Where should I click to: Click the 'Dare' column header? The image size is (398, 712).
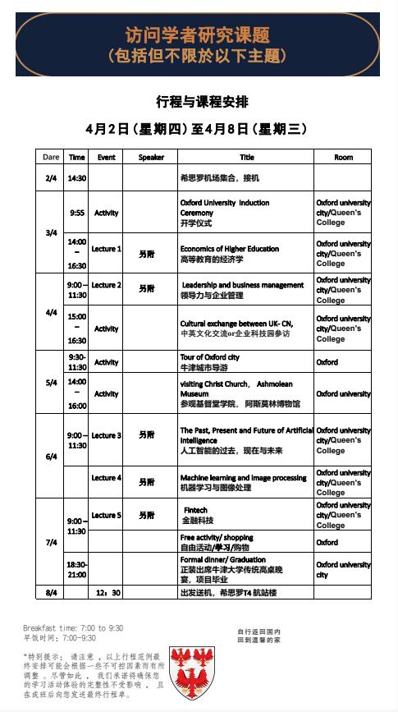[51, 157]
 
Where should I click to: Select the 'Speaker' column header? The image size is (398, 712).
[151, 157]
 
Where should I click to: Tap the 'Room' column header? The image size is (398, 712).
[343, 157]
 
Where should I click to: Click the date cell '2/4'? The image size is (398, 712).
[51, 177]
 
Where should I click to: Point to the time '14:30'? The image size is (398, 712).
[77, 177]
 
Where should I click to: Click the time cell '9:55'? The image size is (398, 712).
[77, 213]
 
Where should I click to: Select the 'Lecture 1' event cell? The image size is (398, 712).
[106, 249]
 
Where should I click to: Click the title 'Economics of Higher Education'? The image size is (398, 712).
[230, 249]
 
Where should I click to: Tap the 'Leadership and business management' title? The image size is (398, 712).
[244, 285]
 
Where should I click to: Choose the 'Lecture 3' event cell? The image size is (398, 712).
[106, 435]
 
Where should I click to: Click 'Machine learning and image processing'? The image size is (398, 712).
[243, 478]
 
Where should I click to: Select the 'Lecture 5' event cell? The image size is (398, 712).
[106, 515]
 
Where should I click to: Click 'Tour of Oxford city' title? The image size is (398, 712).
[210, 357]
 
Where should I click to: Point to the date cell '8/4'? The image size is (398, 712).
[51, 591]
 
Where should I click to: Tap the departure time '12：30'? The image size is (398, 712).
[108, 591]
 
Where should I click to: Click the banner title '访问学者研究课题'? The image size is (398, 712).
[198, 36]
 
